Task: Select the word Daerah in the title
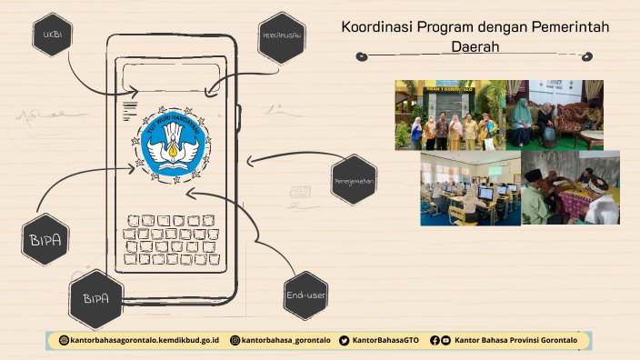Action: pyautogui.click(x=475, y=45)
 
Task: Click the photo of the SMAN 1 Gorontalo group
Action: pyautogui.click(x=450, y=115)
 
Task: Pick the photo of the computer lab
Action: pyautogui.click(x=470, y=187)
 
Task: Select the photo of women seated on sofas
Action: pyautogui.click(x=555, y=115)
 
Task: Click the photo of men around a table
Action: pyautogui.click(x=570, y=187)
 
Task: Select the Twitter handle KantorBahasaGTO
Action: pyautogui.click(x=385, y=340)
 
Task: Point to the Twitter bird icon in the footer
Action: pyautogui.click(x=344, y=340)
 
